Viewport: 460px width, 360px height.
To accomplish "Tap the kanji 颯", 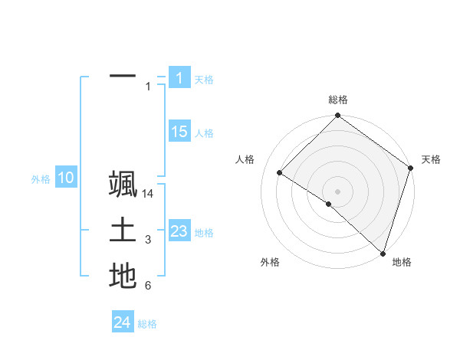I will coord(123,187).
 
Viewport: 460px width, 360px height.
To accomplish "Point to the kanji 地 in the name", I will coord(123,275).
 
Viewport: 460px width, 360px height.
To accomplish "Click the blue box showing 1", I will coord(179,77).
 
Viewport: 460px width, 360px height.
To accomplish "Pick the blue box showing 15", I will coord(179,132).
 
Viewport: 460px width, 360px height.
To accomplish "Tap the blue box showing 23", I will coord(179,231).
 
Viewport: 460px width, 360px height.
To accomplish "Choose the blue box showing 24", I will coord(123,322).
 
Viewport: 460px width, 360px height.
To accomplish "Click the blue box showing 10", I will coord(65,178).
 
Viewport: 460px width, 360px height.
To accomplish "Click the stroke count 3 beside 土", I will coord(148,241).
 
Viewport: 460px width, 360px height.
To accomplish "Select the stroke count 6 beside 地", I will coord(148,286).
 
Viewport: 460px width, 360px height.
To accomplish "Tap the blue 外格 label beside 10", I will coord(41,179).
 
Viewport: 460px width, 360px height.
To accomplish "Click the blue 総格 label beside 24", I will coord(147,324).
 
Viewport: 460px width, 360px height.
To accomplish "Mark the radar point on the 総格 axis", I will coord(337,116).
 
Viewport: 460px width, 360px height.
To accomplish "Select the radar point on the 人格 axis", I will coord(280,173).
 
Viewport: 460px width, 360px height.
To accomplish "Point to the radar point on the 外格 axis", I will coord(328,205).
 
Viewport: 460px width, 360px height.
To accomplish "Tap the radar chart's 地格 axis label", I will coord(402,262).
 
